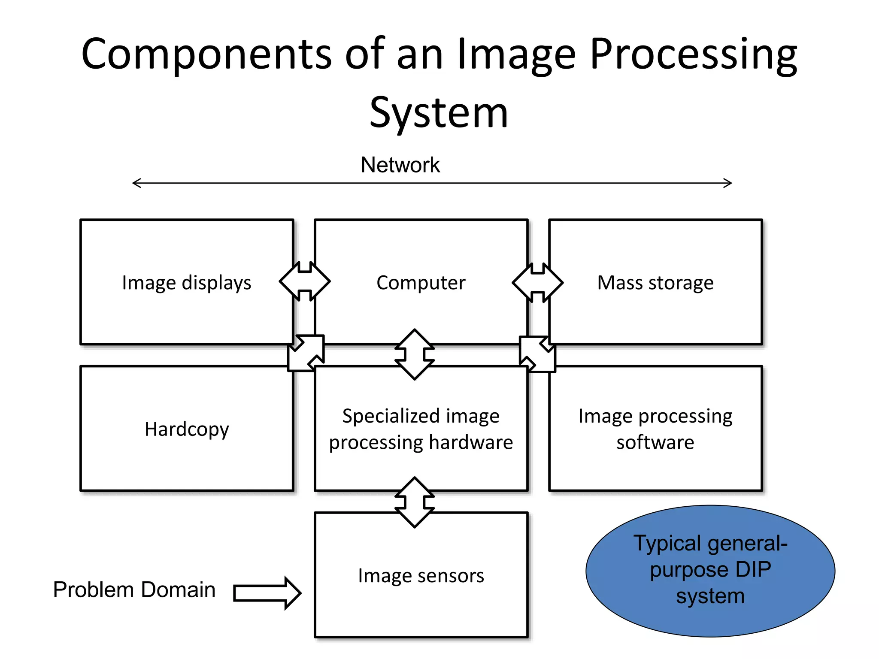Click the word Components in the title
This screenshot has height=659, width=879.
[206, 54]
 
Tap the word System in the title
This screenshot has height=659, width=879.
[439, 113]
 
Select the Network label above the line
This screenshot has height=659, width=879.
[400, 165]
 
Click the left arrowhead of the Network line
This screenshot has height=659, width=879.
[136, 183]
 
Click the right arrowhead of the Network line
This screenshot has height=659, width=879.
[728, 183]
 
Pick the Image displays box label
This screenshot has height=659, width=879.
[186, 283]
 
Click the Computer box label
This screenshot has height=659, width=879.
[421, 283]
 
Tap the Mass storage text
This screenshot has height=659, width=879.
[655, 283]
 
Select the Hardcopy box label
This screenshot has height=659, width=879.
[187, 429]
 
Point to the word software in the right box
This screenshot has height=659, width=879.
[655, 442]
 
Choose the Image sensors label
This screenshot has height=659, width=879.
[421, 576]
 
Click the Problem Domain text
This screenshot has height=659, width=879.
[134, 589]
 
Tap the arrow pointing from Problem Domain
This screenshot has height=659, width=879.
[267, 593]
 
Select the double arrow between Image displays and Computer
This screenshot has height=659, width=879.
[305, 281]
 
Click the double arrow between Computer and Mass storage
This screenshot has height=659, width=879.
[538, 282]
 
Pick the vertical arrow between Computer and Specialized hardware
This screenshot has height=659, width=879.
[415, 354]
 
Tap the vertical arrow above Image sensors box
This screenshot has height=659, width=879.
[415, 502]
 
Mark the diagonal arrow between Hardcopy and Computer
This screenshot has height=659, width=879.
[306, 353]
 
